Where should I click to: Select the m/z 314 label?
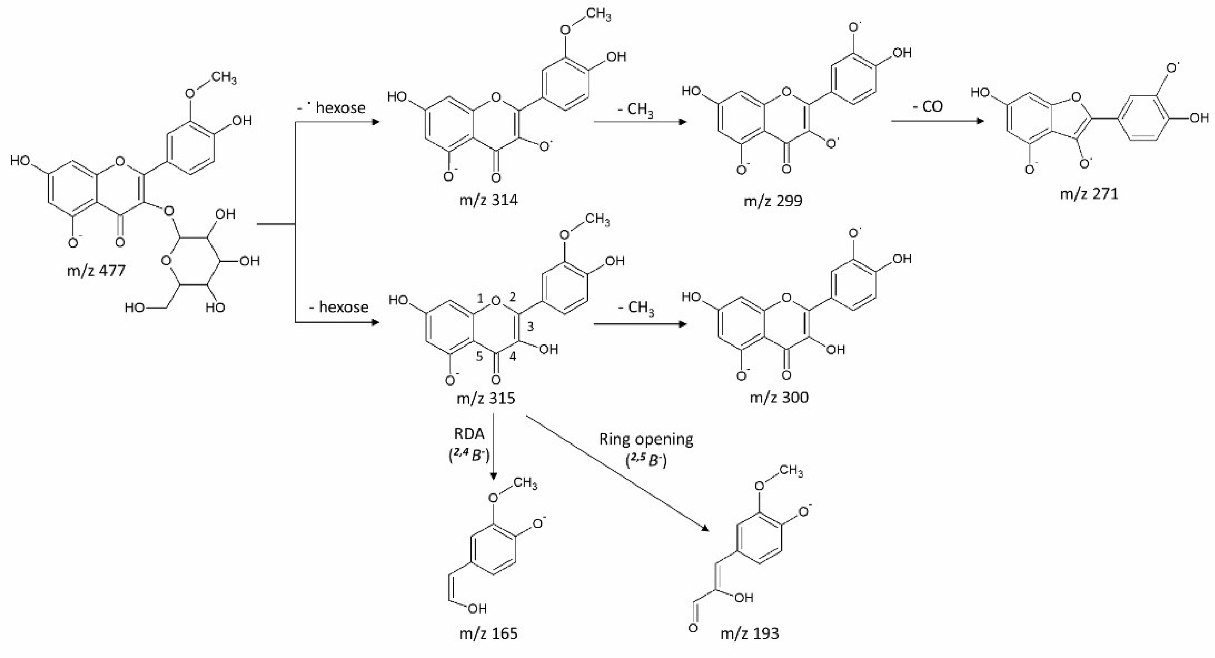click(x=489, y=200)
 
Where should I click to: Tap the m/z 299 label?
click(x=772, y=201)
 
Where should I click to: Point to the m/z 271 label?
click(x=1089, y=194)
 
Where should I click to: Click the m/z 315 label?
click(x=486, y=399)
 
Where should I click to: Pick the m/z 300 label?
click(x=779, y=398)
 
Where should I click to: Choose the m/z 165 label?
click(x=489, y=633)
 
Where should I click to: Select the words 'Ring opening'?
click(x=646, y=439)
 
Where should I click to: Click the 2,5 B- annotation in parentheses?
click(x=646, y=460)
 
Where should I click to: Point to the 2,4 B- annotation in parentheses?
click(x=469, y=455)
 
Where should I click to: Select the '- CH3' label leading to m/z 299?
click(x=635, y=110)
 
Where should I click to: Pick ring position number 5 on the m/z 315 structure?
click(x=479, y=356)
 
